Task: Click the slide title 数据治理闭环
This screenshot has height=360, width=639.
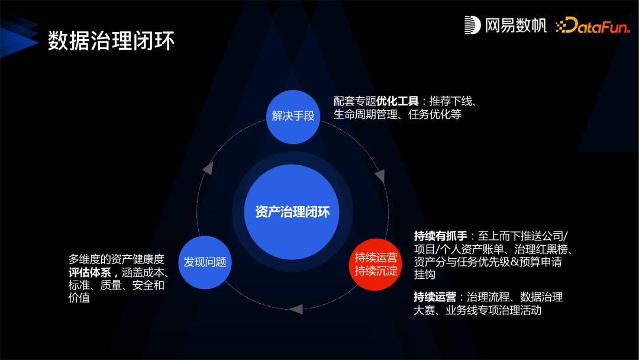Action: pos(111,41)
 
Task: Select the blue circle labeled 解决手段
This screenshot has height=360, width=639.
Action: pos(293,116)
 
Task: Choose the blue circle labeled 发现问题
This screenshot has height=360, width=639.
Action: pos(205,262)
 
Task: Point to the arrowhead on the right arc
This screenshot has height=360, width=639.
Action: pos(380,175)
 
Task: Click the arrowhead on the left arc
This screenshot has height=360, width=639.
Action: pos(208,168)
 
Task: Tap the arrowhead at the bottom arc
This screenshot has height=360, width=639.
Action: pos(296,308)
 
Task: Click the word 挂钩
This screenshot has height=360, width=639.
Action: pos(425,275)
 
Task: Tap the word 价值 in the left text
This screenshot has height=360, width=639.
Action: pos(79,298)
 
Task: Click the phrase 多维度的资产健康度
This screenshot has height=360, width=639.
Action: pos(116,259)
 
